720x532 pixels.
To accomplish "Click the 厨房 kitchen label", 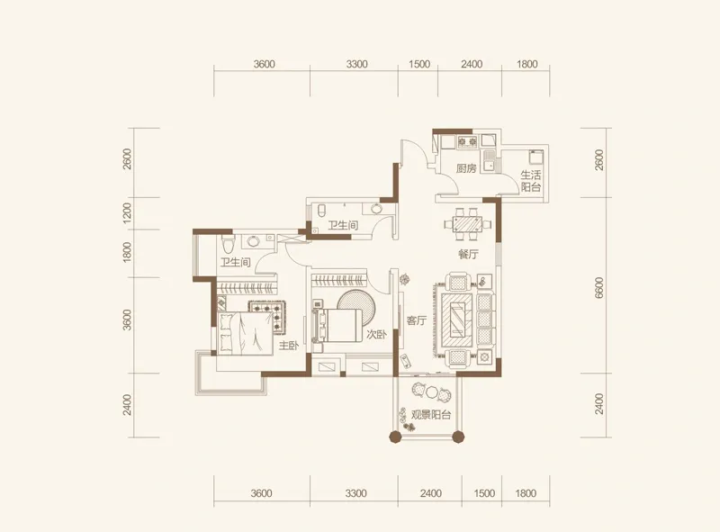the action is (x=466, y=168).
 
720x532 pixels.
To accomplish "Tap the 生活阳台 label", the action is (x=530, y=181).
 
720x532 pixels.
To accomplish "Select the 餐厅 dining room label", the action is (x=468, y=254).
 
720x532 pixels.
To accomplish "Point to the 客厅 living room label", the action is (x=417, y=320).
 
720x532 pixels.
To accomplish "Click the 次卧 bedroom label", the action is (x=376, y=335).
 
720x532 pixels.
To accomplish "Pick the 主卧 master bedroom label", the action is (x=288, y=345).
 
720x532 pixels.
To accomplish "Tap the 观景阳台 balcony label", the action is (x=431, y=415).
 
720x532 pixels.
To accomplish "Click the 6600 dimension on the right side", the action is (x=598, y=288).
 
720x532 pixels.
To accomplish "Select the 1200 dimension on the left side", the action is (x=127, y=213).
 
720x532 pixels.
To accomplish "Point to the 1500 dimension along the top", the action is (x=419, y=64).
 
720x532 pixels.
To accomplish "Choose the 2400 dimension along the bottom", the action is (x=431, y=493).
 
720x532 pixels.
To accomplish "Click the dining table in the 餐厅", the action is (x=467, y=224).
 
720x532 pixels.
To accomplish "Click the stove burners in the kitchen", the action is (x=467, y=141).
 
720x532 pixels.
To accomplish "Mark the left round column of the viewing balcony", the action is (x=395, y=437).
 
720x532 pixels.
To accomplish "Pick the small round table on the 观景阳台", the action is (x=431, y=392).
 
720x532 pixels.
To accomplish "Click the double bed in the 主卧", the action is (x=246, y=333).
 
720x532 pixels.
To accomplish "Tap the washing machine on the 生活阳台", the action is (x=535, y=158).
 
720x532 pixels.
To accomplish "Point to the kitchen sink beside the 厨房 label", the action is (x=491, y=162).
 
